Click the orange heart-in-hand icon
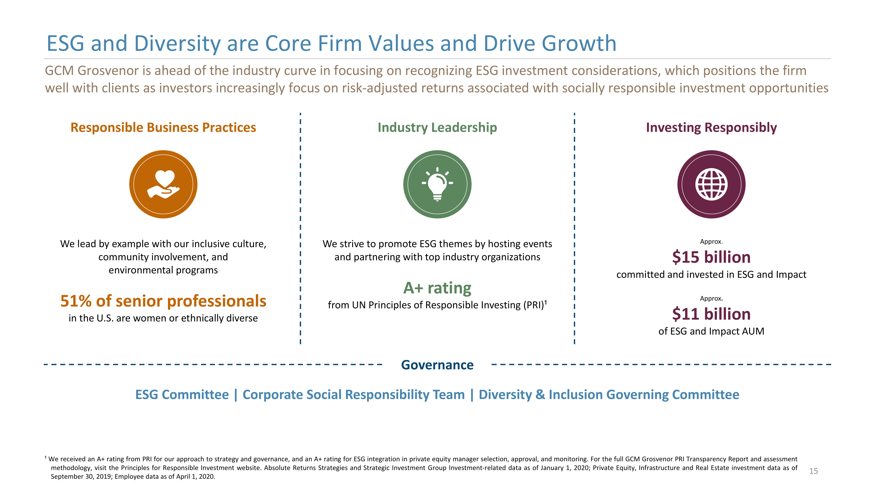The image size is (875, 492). click(163, 184)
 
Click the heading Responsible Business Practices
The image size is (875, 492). click(163, 127)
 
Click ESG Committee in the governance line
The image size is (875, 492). click(182, 395)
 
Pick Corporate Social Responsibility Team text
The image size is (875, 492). click(354, 395)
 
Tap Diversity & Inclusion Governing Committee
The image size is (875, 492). click(609, 395)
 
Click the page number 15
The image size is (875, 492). click(813, 471)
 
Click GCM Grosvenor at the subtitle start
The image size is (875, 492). click(92, 71)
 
